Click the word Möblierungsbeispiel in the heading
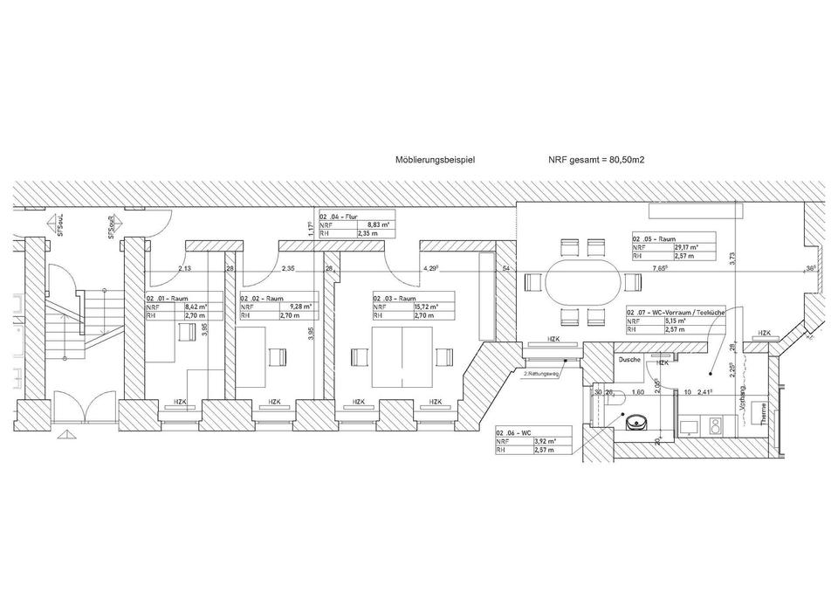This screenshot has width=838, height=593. (435, 161)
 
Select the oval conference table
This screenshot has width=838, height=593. (583, 283)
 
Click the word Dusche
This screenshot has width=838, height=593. (630, 360)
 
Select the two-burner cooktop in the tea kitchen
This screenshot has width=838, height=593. (716, 426)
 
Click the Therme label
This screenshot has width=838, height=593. (765, 410)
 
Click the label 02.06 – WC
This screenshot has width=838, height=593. (514, 433)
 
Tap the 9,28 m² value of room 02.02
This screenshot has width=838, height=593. (292, 307)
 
